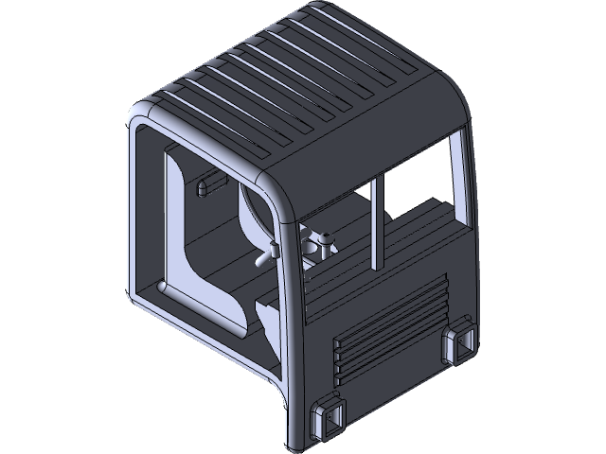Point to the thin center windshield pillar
click(379, 222)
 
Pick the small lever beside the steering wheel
click(269, 253)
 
